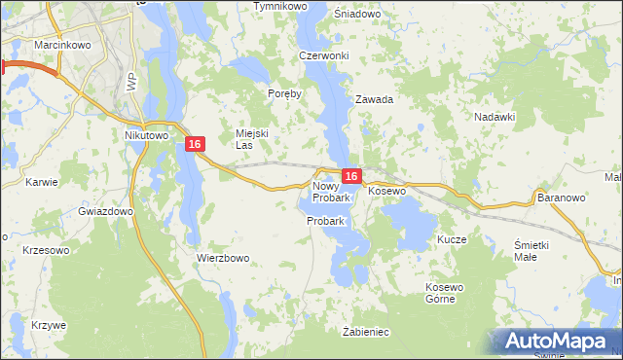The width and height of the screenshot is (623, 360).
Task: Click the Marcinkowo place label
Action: [x=34, y=43]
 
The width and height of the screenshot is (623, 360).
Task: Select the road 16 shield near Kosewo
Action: [x=352, y=176]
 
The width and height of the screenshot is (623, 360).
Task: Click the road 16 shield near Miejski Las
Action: [x=196, y=144]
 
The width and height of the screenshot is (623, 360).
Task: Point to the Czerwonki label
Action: [x=324, y=55]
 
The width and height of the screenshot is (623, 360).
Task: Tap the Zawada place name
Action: [x=374, y=99]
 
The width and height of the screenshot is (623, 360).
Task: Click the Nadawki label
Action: [x=495, y=116]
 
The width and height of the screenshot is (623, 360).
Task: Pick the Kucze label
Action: [x=453, y=238]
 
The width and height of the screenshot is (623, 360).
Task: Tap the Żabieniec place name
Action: [x=366, y=332]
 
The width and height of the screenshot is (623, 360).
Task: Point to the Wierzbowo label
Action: [x=224, y=258]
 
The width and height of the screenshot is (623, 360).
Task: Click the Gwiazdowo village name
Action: [x=105, y=211]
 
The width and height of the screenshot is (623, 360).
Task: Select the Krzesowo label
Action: [x=46, y=250]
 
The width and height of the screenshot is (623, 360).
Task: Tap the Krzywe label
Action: [x=48, y=324]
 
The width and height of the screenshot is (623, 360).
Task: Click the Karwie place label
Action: [x=43, y=182]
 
